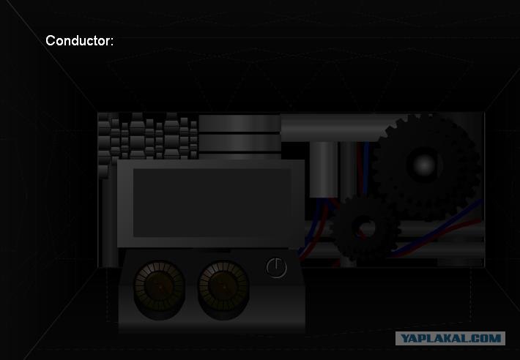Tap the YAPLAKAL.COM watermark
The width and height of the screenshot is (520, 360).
pos(450,339)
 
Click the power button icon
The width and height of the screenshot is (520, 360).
pos(276,268)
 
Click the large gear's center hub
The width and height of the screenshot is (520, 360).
pos(424,165)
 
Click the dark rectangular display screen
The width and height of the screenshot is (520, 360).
pos(212,203)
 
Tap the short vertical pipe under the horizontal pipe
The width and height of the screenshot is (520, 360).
pos(324,170)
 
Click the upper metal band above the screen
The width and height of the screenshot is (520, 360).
pos(239,123)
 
